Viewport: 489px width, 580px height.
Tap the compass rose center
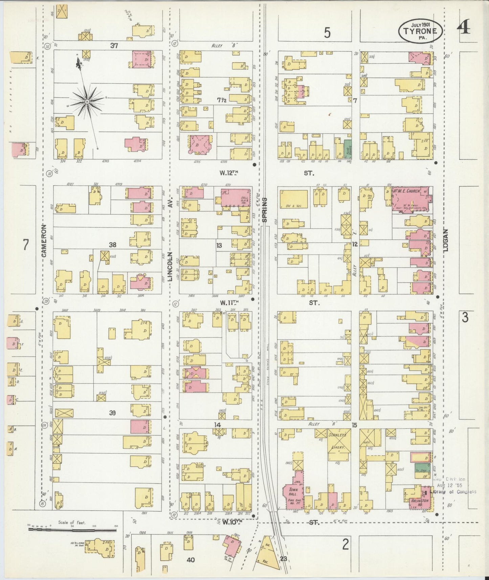[x=87, y=101]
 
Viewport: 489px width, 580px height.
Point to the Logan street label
[x=445, y=241]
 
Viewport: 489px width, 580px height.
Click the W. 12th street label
[x=229, y=173]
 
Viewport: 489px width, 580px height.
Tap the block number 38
[x=113, y=244]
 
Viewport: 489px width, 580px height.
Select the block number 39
[x=113, y=412]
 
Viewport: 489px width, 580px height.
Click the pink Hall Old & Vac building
[x=236, y=197]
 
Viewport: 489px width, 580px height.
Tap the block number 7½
[x=221, y=99]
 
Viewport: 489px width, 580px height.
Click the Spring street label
[x=265, y=210]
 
